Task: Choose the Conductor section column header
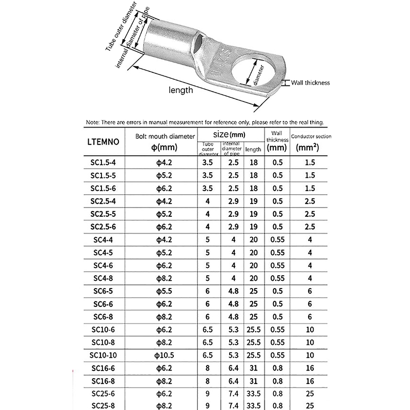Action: (x=311, y=142)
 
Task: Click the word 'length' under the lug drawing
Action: (x=167, y=90)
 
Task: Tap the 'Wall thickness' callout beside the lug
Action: (x=310, y=83)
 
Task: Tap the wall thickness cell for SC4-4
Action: (x=277, y=239)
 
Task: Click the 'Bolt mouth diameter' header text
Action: (x=165, y=136)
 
